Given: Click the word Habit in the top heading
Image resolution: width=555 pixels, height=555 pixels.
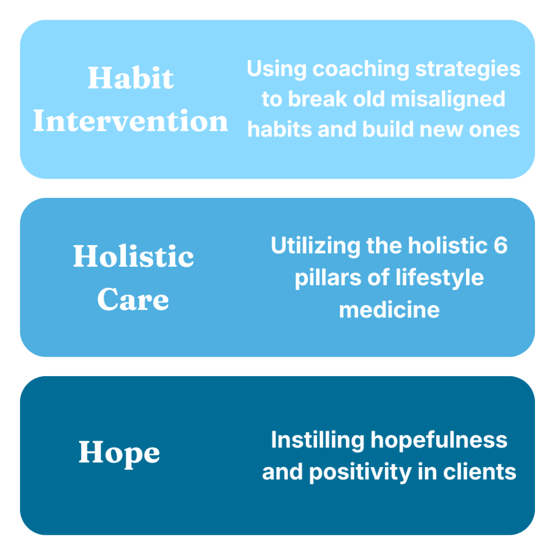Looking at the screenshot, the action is (x=131, y=78).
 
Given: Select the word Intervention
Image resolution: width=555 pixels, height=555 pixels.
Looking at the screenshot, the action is (x=131, y=121).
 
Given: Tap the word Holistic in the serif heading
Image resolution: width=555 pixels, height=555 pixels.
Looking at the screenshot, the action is (x=133, y=256).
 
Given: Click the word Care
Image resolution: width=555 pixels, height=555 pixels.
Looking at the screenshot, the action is (x=133, y=299).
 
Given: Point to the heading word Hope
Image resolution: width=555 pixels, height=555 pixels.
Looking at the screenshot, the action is (x=119, y=454).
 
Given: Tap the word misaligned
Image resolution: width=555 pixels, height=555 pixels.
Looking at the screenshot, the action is (x=448, y=100).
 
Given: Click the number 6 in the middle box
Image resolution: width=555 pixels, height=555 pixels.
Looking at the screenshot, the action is (x=500, y=245).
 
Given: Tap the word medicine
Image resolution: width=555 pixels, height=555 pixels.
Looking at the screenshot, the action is (x=389, y=309).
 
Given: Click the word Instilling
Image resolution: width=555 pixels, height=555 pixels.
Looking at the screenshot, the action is (x=318, y=440).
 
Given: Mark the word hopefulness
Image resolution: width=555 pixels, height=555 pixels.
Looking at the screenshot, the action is (x=439, y=440).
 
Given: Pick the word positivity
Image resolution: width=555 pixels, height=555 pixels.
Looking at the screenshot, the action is (x=360, y=473).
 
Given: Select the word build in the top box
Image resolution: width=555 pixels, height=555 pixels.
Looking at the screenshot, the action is (x=388, y=129).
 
